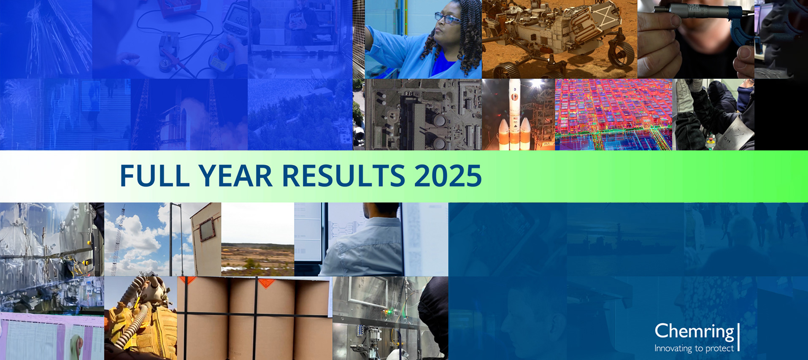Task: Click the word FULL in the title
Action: pyautogui.click(x=155, y=176)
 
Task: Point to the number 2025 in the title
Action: pyautogui.click(x=448, y=176)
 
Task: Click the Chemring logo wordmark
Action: pyautogui.click(x=695, y=332)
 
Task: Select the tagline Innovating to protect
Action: pyautogui.click(x=694, y=348)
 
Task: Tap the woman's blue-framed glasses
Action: pyautogui.click(x=448, y=18)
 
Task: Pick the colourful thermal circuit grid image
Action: pyautogui.click(x=613, y=114)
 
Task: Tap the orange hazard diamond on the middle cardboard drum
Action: pyautogui.click(x=266, y=282)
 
